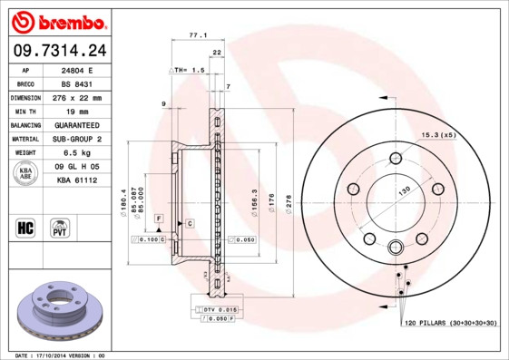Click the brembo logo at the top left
click(x=56, y=20)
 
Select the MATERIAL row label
click(x=25, y=139)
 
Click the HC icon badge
click(x=25, y=227)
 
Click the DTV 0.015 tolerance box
click(x=214, y=311)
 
